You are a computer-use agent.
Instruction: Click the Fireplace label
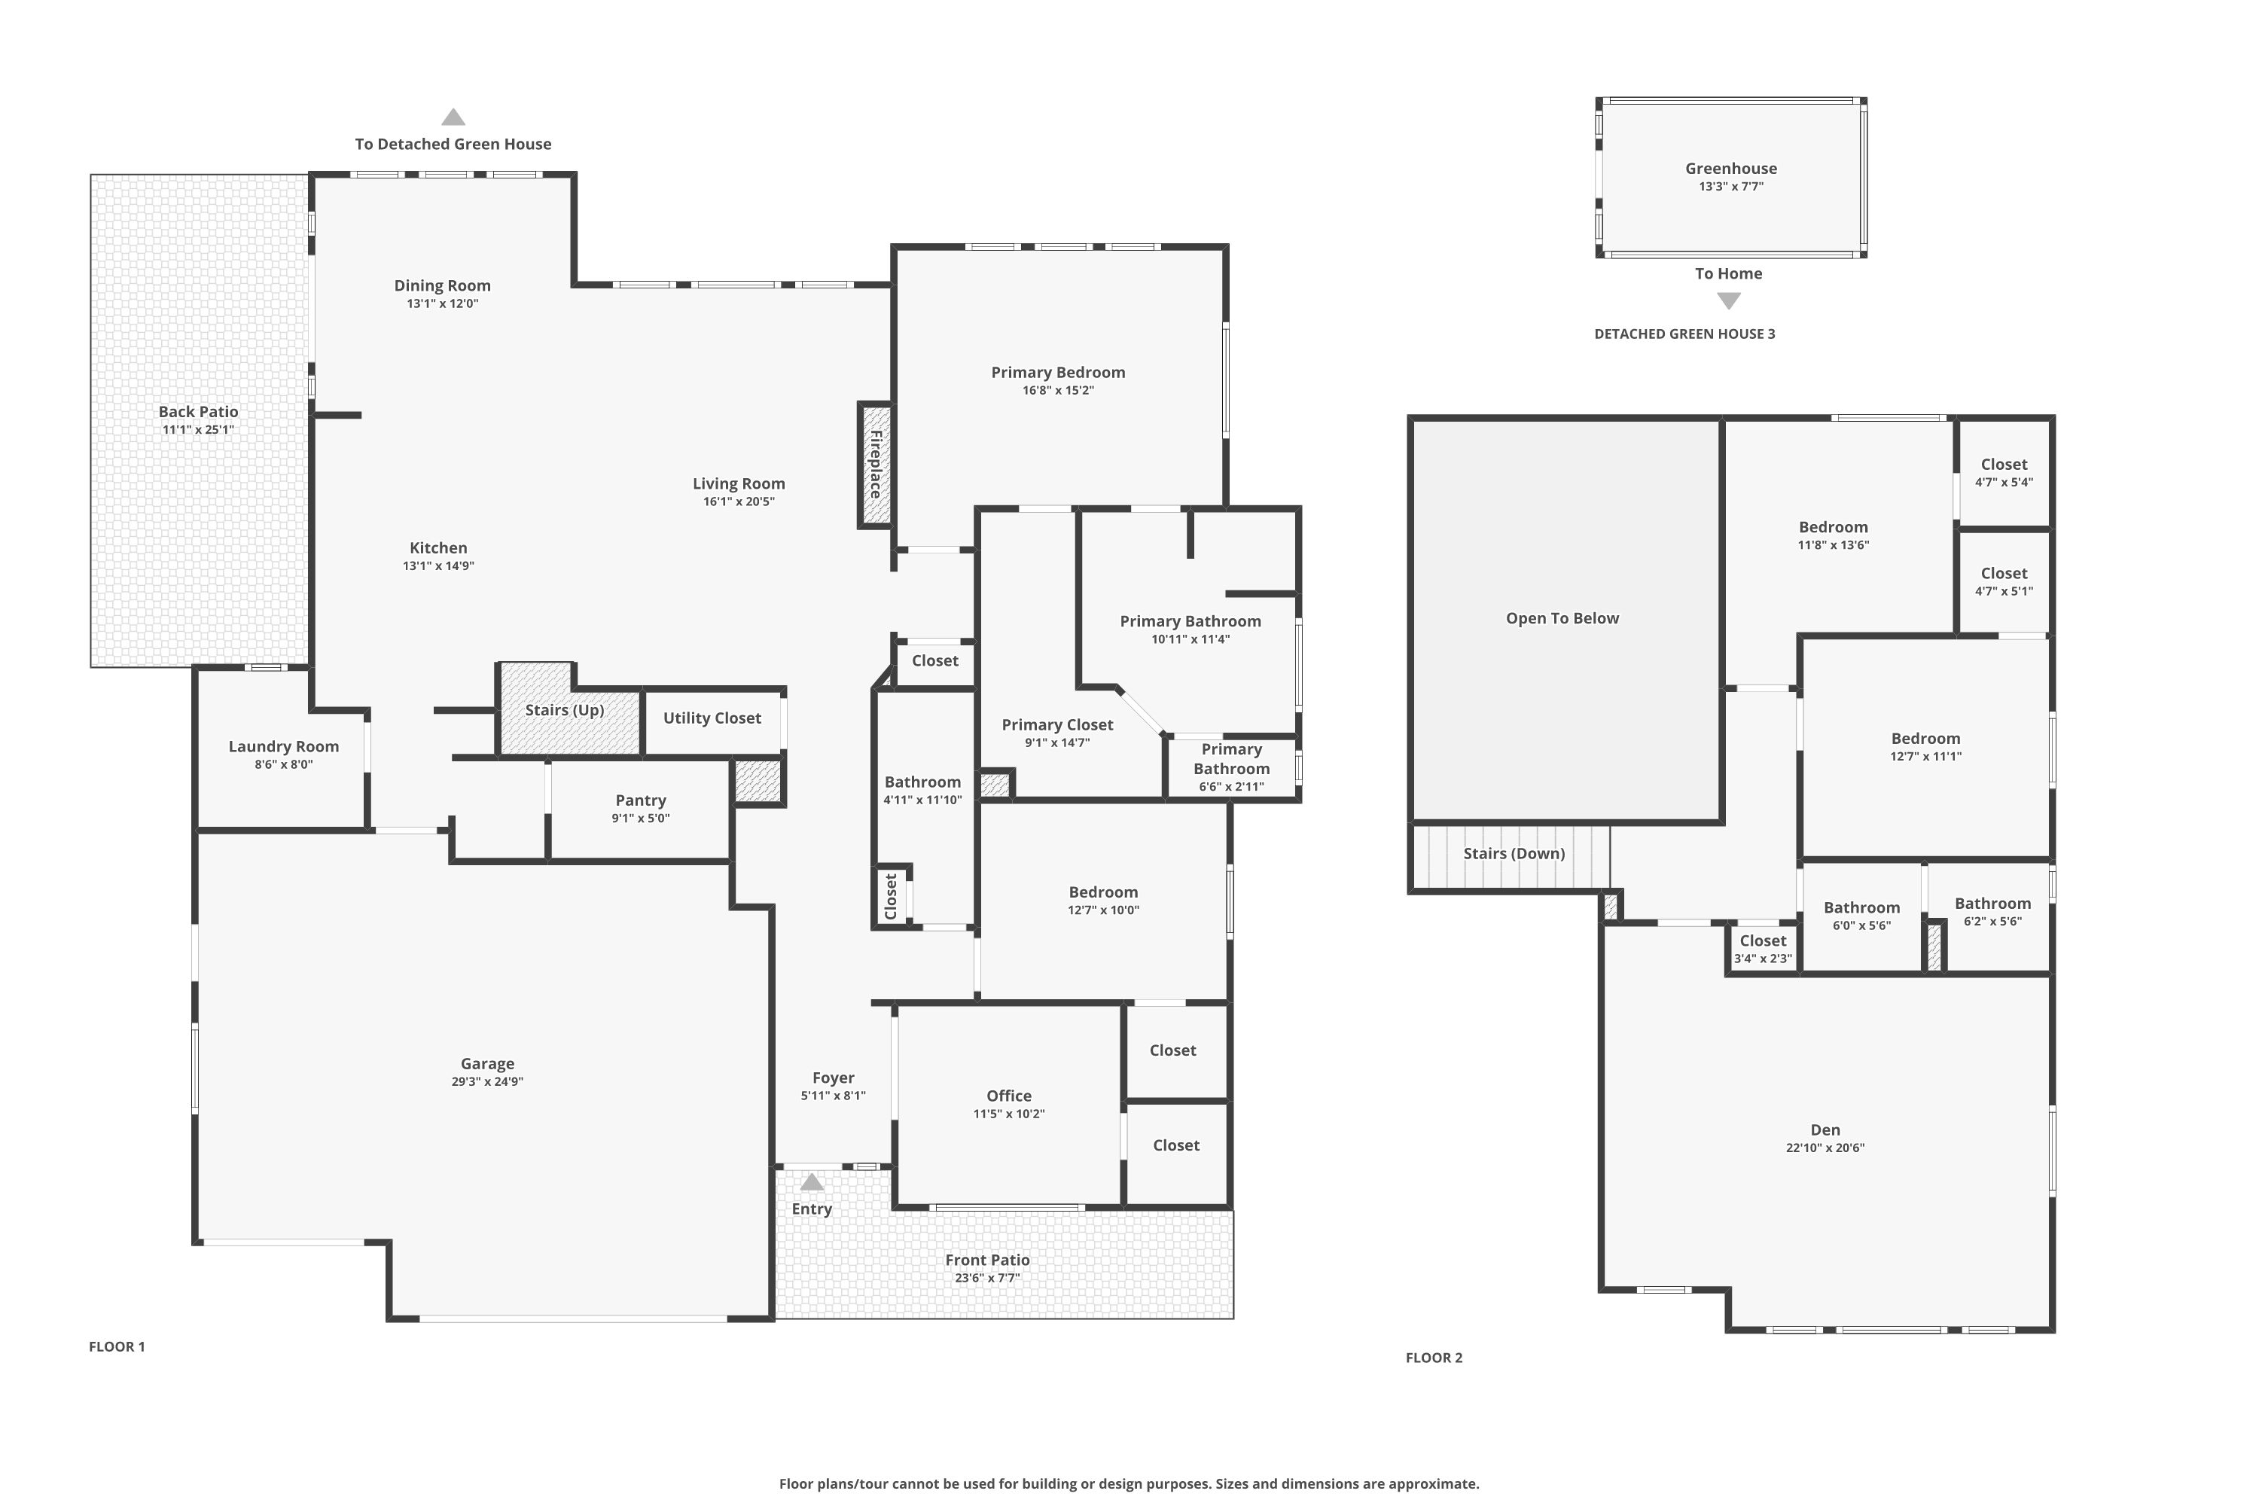click(x=876, y=464)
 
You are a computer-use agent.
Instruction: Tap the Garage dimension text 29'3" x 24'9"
click(x=487, y=1081)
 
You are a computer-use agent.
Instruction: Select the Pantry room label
click(x=641, y=800)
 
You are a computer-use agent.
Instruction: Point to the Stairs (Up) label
click(x=565, y=710)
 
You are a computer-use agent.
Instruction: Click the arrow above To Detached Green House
click(x=453, y=117)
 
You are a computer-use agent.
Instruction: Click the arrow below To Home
click(x=1729, y=300)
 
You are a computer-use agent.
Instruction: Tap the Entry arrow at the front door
click(x=812, y=1181)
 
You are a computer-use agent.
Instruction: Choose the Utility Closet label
click(x=712, y=718)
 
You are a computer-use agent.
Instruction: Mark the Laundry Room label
click(x=283, y=746)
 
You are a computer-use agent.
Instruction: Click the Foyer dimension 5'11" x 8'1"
click(x=834, y=1096)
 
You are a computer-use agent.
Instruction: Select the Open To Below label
click(x=1562, y=618)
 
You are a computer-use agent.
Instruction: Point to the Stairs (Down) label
click(x=1514, y=853)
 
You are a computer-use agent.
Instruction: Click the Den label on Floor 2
click(x=1825, y=1129)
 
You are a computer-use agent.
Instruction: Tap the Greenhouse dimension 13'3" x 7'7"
click(x=1730, y=186)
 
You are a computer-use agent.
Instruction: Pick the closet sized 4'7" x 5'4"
click(x=2004, y=473)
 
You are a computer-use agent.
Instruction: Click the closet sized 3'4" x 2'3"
click(x=1764, y=949)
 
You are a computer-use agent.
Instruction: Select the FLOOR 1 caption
click(x=117, y=1346)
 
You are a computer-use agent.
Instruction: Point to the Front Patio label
click(x=987, y=1260)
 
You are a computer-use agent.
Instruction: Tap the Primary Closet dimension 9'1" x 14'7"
click(x=1057, y=742)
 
